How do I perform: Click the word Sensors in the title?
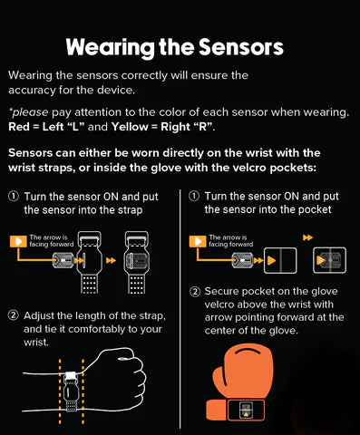click(x=241, y=47)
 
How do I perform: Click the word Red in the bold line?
click(x=19, y=127)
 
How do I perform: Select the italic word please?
click(x=30, y=112)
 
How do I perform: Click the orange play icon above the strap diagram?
click(x=18, y=241)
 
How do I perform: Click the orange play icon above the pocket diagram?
click(x=198, y=241)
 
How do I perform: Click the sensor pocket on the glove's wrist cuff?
click(x=246, y=410)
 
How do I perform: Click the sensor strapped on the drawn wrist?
click(x=71, y=391)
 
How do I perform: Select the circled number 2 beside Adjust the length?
click(x=14, y=316)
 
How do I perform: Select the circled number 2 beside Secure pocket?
click(x=195, y=292)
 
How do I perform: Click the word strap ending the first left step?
click(x=130, y=210)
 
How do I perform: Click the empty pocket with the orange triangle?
click(x=280, y=260)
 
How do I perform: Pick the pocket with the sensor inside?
click(x=329, y=260)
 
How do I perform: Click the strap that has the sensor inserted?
click(x=137, y=262)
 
